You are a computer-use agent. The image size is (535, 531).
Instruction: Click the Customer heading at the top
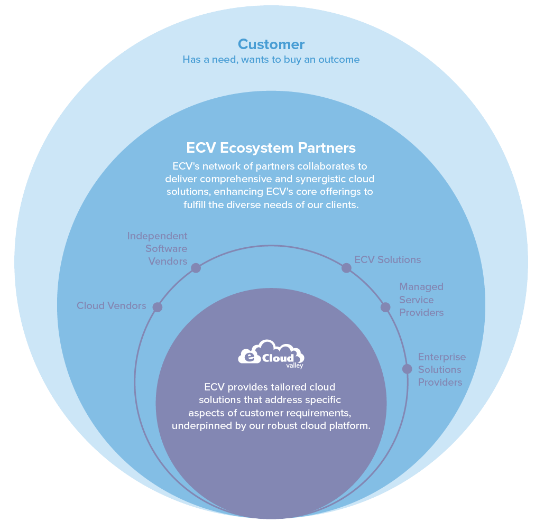[x=271, y=44]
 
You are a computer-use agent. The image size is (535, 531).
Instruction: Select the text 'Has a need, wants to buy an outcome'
[x=271, y=60]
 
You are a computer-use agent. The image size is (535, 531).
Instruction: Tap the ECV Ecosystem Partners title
[x=271, y=147]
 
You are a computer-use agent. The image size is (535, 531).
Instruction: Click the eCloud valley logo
[x=271, y=353]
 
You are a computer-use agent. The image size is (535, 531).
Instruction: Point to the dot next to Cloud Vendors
[x=157, y=307]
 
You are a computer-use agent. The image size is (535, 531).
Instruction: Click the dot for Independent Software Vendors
[x=196, y=268]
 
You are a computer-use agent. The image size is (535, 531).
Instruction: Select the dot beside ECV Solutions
[x=346, y=268]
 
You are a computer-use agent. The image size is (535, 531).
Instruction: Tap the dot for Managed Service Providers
[x=385, y=307]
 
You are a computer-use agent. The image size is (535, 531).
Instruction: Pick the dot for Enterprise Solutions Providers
[x=407, y=369]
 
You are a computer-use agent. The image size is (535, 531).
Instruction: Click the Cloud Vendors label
[x=111, y=305]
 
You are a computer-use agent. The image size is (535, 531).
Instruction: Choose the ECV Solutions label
[x=388, y=259]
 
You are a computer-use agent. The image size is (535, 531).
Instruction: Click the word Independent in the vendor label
[x=157, y=236]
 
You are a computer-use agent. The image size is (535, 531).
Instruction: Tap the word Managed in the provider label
[x=421, y=287]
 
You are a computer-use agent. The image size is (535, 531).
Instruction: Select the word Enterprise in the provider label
[x=441, y=357]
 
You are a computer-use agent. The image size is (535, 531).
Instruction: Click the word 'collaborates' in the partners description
[x=311, y=166]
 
